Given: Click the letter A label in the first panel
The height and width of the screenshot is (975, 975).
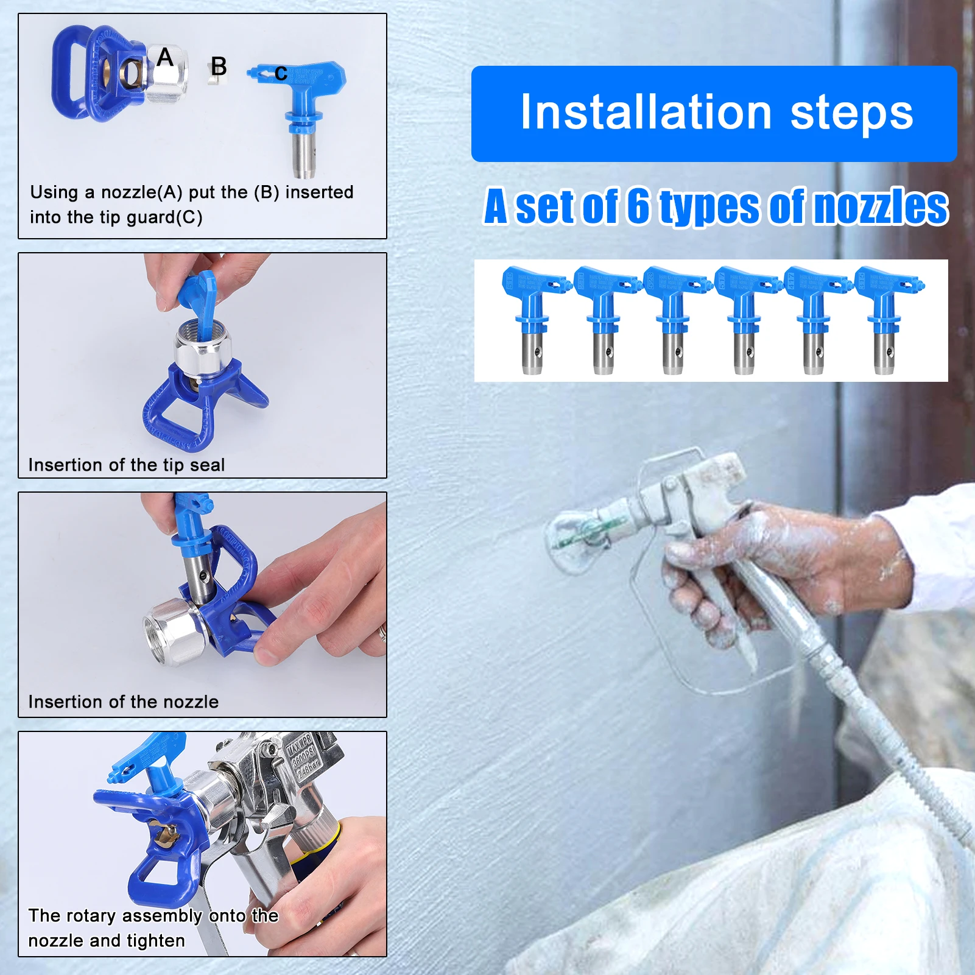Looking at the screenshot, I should tap(165, 57).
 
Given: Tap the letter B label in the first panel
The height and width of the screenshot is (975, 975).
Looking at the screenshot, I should tap(219, 66).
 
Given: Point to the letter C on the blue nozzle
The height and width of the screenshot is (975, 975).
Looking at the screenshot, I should tap(281, 73).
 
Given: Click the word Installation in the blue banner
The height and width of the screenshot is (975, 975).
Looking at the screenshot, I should tap(646, 113).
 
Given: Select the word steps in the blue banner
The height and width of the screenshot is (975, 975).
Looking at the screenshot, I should tap(851, 114).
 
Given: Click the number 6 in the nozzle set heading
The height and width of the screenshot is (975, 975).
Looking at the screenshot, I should tap(638, 206).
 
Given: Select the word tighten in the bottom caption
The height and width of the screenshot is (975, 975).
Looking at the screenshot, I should tap(153, 941).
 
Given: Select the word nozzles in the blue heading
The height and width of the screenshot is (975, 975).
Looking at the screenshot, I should tap(881, 207).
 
